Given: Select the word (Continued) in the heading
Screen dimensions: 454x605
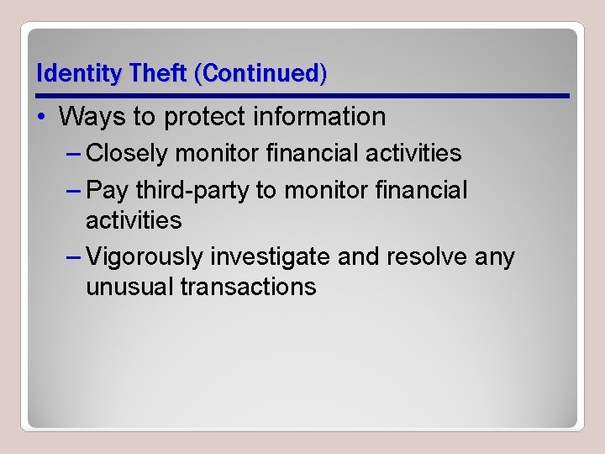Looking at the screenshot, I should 260,73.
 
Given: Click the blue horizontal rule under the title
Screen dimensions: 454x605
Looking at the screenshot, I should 302,95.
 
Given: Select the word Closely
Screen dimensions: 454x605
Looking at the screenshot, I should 129,153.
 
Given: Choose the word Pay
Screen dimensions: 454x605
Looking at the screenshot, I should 107,190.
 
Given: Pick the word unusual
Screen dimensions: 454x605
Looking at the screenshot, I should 129,287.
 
